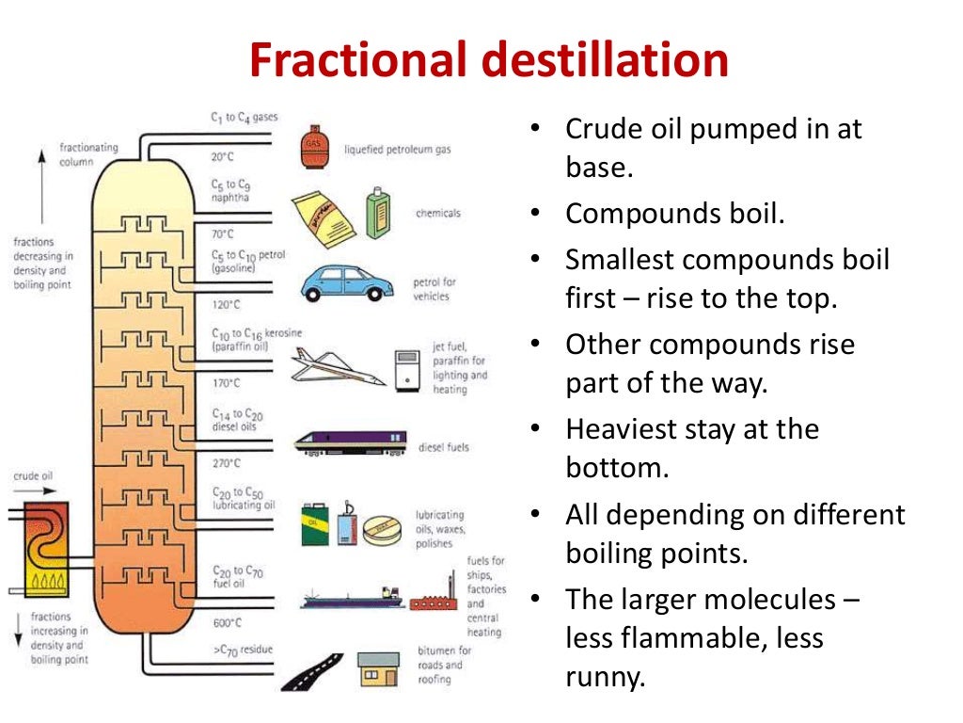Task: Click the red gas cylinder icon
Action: tap(315, 145)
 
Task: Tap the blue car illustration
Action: tap(347, 281)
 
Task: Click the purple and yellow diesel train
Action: tap(351, 442)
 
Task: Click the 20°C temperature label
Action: tap(222, 156)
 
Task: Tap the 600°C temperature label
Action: tap(227, 622)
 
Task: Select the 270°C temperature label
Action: tap(226, 463)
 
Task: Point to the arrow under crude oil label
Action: tap(33, 490)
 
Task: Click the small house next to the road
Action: tap(378, 670)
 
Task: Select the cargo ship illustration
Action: tap(353, 597)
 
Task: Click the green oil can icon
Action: tap(314, 523)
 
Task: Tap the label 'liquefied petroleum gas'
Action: tap(397, 149)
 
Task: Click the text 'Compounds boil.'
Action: tap(674, 214)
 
